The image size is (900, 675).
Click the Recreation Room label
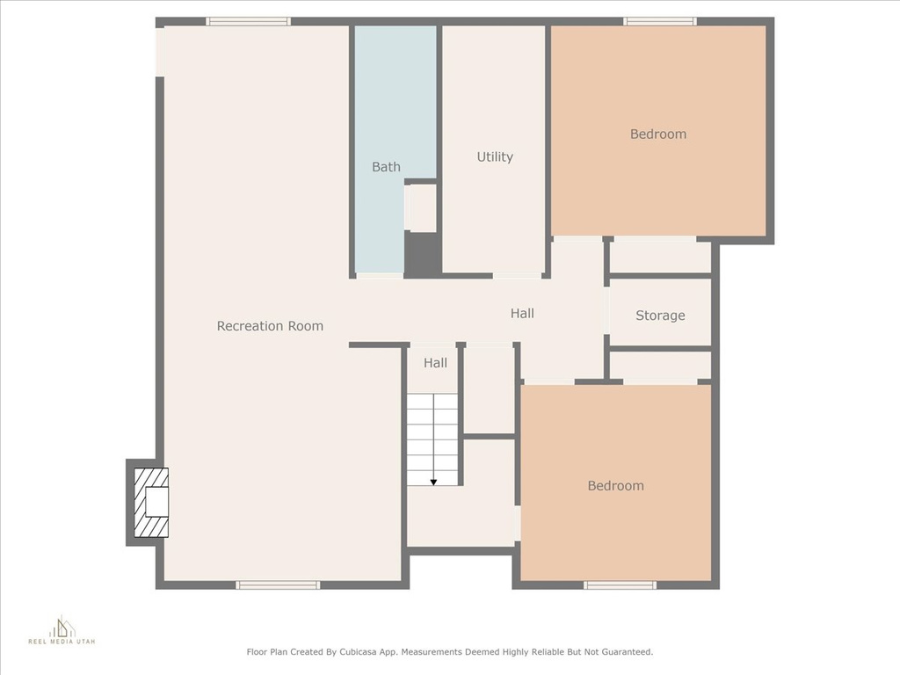coord(270,326)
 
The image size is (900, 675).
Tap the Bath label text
coord(386,167)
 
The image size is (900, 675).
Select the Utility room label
coord(495,156)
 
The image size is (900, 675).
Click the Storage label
coord(660,316)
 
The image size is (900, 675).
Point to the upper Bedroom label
coord(657,134)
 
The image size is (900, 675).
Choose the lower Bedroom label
coord(615,485)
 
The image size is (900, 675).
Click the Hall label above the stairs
coord(435,363)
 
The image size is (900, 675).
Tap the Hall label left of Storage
coord(522,314)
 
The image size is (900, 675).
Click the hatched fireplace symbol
coord(151,502)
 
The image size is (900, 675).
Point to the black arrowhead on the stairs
coord(433,483)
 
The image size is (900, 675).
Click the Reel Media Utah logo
coord(62,630)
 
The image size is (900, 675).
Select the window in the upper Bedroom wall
coord(660,22)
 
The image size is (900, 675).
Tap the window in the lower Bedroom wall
coord(620,584)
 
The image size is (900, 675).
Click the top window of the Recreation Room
coord(249,22)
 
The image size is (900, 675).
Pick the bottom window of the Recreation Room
coord(278,584)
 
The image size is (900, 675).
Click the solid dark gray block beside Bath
coord(423,254)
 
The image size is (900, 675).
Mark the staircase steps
coord(432,439)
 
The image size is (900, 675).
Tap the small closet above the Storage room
coord(660,258)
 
